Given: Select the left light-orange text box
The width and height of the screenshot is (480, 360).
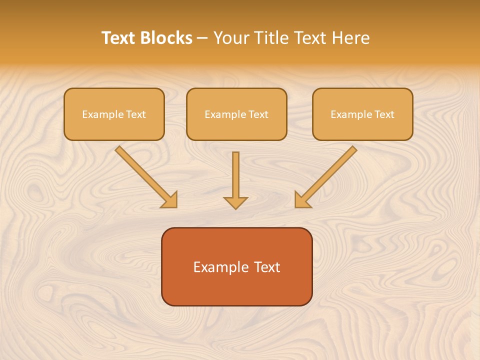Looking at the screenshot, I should point(114,114).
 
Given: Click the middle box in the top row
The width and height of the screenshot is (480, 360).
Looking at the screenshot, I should point(236,114).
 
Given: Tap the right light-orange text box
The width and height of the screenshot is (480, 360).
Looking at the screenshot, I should point(362,114).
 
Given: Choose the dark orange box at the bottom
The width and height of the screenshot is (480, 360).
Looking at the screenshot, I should point(236,266).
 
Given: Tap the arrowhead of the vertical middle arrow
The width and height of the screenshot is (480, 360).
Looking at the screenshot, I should point(235,202).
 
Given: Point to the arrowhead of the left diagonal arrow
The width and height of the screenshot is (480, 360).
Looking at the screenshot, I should point(170,200).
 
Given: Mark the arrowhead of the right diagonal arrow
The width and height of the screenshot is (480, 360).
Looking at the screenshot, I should point(302,200).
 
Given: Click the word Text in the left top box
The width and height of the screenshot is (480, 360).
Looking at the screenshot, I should point(135,114).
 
